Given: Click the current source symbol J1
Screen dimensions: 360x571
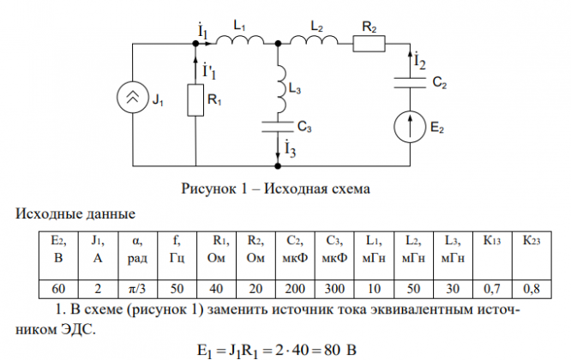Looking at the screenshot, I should pos(134,101).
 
